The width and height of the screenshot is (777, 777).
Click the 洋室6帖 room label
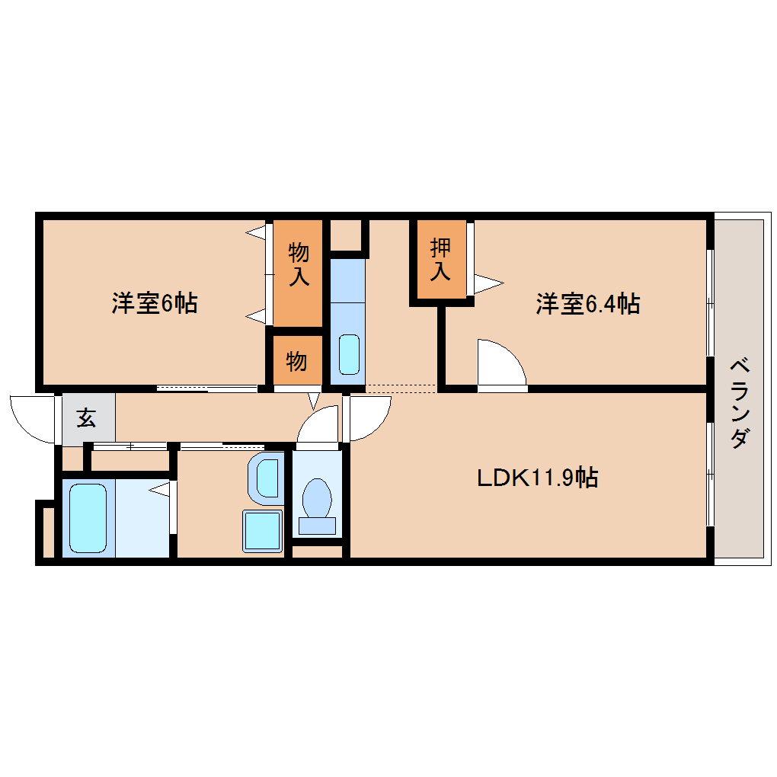155,303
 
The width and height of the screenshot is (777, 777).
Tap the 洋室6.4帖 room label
588,304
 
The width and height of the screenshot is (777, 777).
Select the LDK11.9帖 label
538,478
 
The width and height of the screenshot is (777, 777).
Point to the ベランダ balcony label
740,402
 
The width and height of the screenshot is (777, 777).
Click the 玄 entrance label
86,417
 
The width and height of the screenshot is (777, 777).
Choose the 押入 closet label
440,259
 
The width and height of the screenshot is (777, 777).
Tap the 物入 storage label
299,264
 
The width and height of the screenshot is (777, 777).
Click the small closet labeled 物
296,361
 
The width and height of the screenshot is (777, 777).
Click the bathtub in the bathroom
88,518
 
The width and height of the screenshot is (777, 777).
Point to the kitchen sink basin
350,354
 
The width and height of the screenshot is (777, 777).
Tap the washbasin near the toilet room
267,478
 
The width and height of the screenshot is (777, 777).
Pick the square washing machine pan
262,531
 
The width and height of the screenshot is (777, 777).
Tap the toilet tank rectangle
317,526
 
